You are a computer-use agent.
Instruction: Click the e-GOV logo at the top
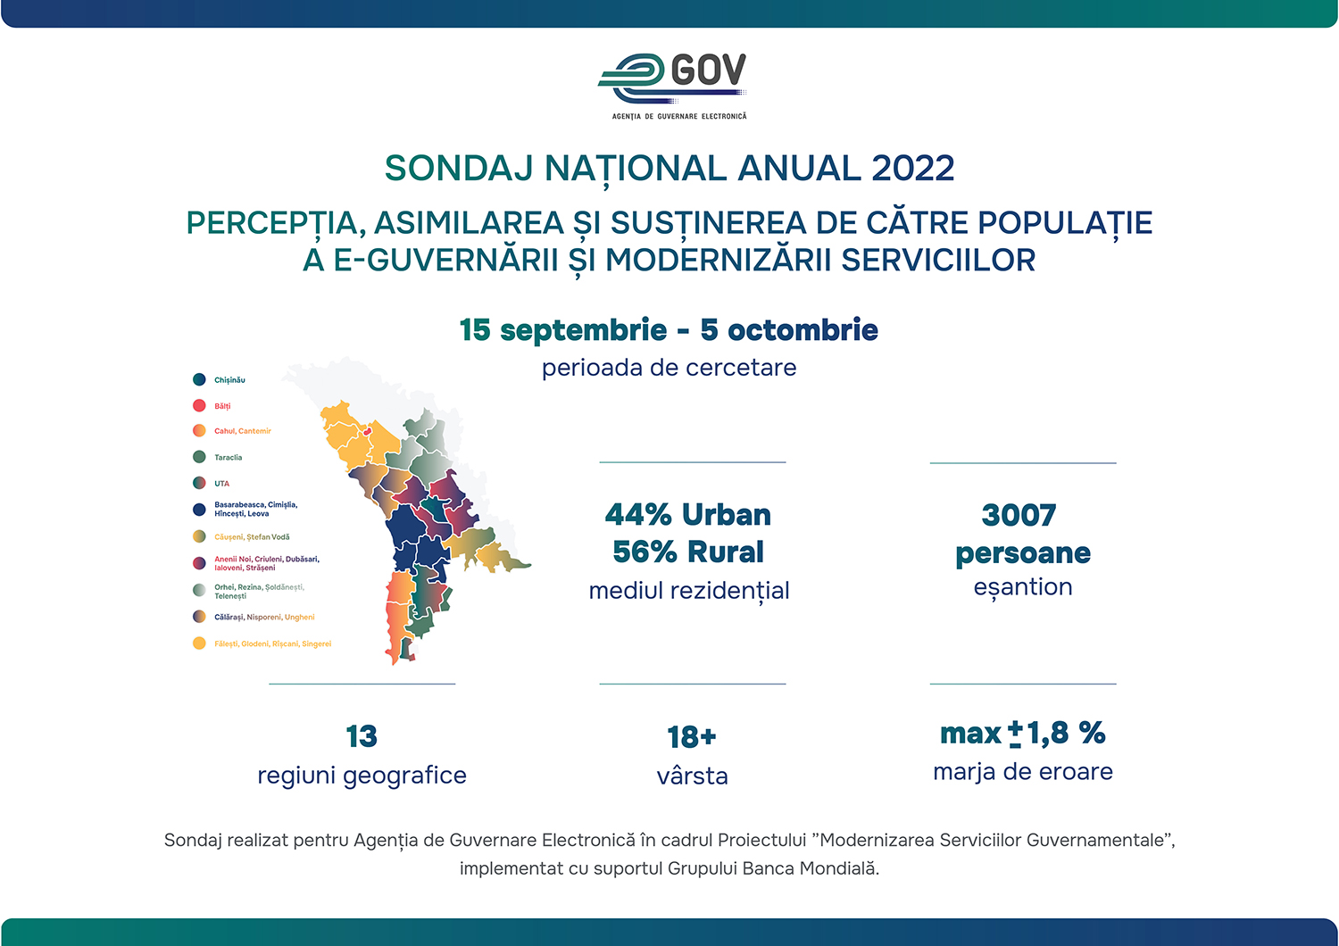673,82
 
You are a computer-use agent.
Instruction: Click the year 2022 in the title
912,169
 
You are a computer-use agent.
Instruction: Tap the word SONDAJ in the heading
459,169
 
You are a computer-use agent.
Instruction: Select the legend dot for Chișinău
199,379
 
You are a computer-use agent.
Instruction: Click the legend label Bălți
222,406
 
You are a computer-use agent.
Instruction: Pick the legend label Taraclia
228,458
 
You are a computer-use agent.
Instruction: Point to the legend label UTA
221,484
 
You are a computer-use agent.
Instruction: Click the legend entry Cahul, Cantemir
242,431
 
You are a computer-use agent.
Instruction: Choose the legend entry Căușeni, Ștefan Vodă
252,537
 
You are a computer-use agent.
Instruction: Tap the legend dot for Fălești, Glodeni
199,643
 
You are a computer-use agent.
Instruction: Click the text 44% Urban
687,515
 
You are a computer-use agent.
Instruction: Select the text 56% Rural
687,552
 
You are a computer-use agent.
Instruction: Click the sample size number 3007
1019,515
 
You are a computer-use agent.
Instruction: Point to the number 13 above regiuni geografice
362,736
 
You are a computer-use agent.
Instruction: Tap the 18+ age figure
692,737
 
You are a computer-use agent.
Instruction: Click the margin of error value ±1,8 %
1057,734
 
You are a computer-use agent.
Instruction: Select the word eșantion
1023,587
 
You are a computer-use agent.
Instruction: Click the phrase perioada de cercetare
669,368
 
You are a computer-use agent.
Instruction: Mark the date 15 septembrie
562,330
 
